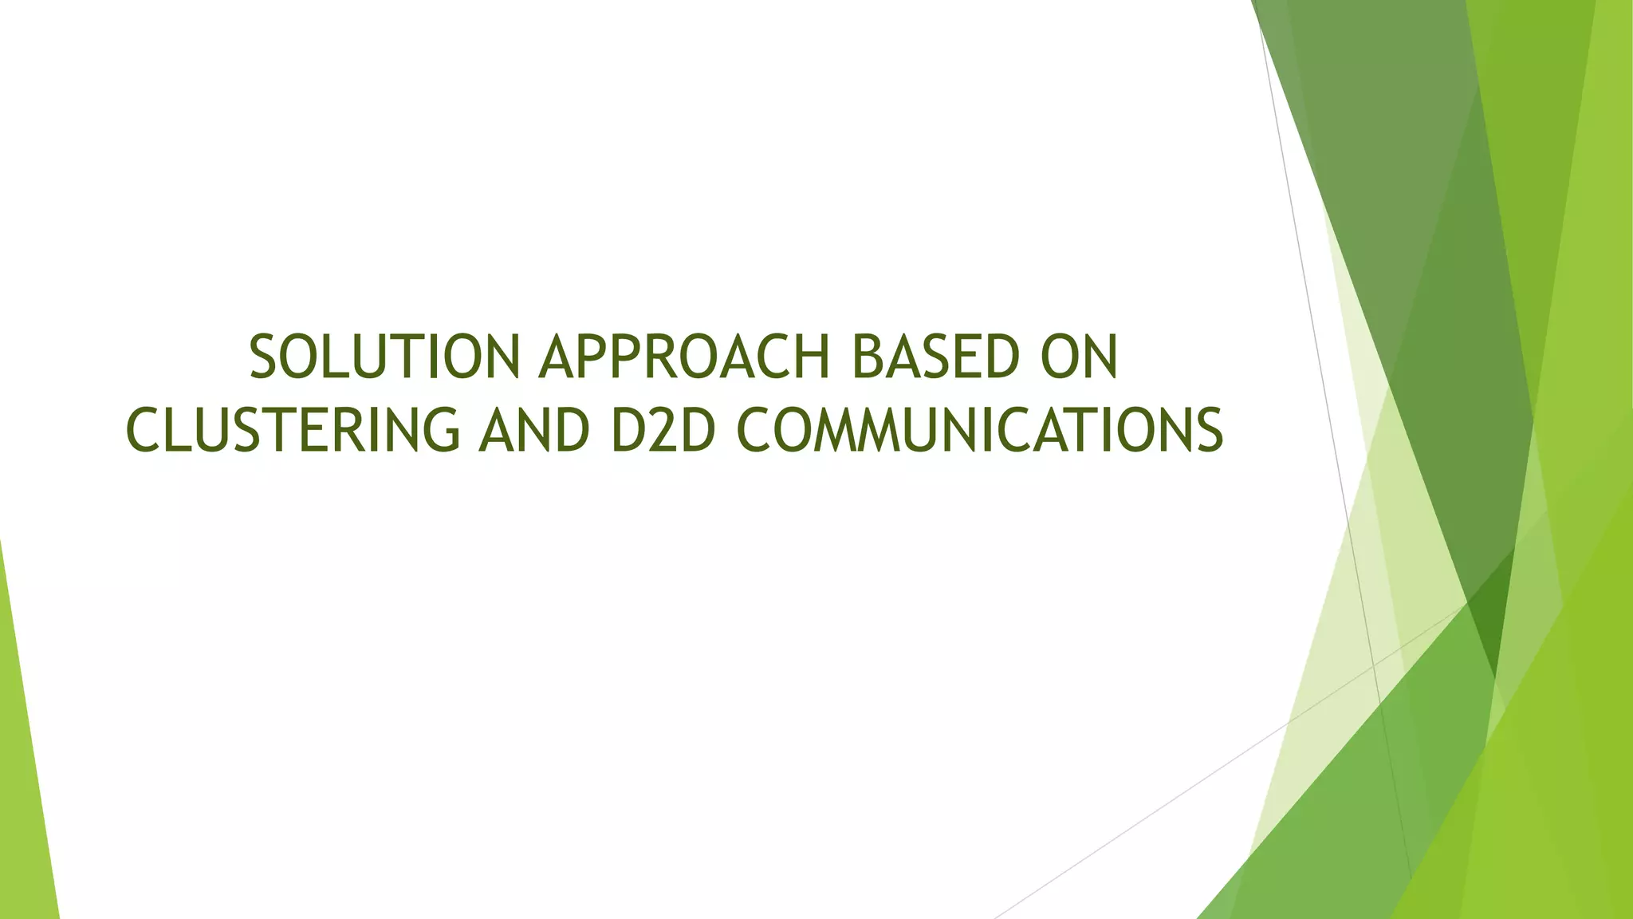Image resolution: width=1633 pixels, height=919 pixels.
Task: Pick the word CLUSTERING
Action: coord(293,429)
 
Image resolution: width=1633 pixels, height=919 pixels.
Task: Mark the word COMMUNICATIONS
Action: coord(978,429)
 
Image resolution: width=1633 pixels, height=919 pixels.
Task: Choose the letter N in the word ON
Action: coord(1100,357)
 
